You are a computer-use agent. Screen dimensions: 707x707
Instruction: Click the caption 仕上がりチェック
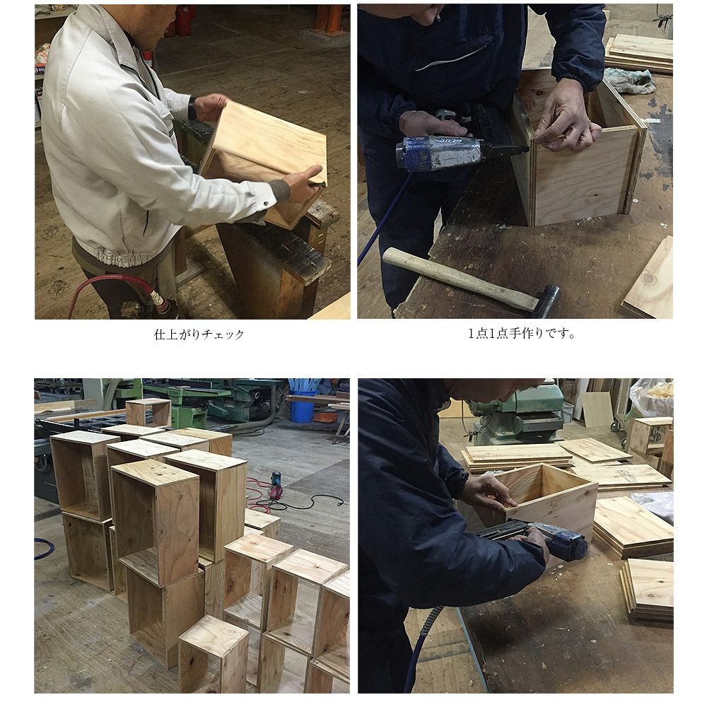[x=199, y=334]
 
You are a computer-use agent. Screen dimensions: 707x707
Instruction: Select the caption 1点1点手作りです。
[x=521, y=334]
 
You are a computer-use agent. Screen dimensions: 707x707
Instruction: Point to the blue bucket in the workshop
[x=303, y=407]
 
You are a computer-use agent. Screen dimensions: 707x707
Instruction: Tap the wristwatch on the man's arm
[x=192, y=108]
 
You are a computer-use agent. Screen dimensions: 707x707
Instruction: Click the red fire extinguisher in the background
[x=182, y=21]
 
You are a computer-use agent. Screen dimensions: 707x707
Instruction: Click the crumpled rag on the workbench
[x=629, y=81]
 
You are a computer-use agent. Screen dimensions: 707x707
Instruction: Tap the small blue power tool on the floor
[x=276, y=485]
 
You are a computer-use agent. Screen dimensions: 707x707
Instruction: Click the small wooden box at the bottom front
[x=214, y=655]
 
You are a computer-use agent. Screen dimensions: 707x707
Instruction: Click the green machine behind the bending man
[x=518, y=413]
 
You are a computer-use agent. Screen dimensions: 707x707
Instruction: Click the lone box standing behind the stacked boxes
[x=148, y=411]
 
